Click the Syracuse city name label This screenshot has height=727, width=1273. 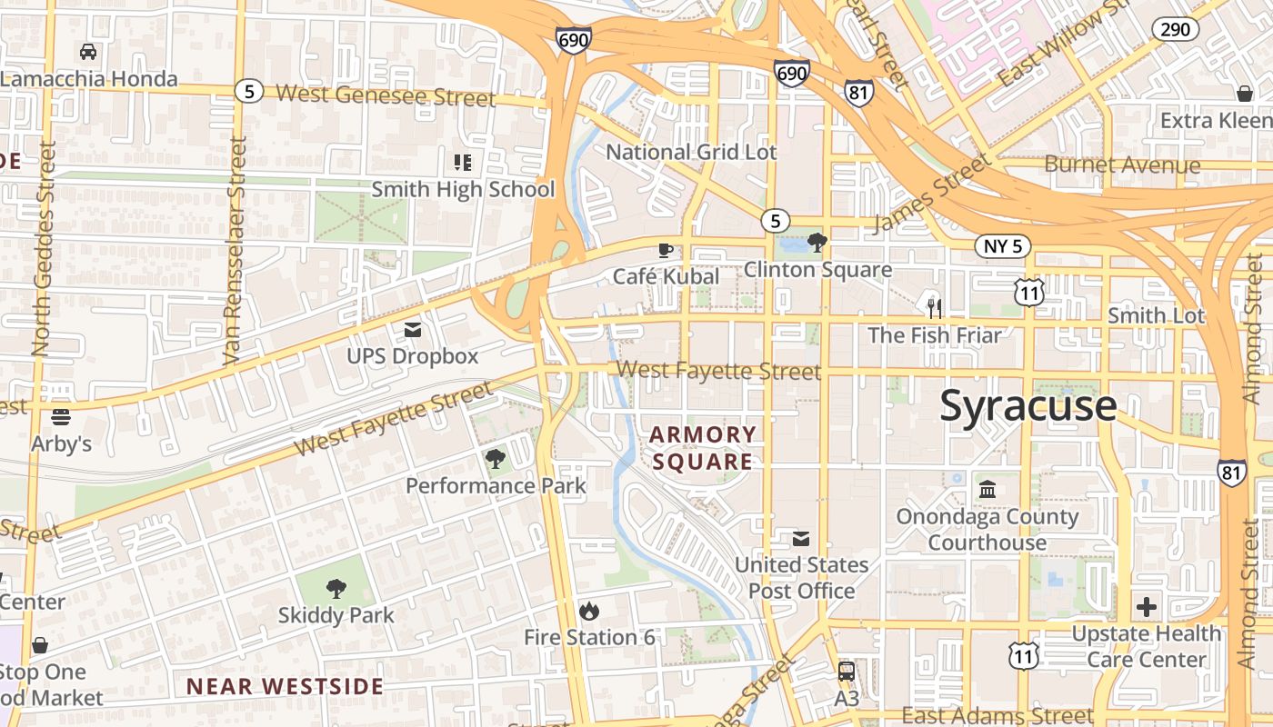click(x=1027, y=405)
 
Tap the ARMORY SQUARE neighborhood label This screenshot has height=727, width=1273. click(x=703, y=448)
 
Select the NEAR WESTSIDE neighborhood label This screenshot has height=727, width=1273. click(x=285, y=686)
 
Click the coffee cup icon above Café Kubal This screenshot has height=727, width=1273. click(x=666, y=250)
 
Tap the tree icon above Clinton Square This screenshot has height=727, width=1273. click(x=817, y=242)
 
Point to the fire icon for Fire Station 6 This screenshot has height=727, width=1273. click(x=589, y=611)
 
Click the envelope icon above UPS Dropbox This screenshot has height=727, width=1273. click(x=413, y=329)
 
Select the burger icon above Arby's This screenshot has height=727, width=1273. click(x=61, y=417)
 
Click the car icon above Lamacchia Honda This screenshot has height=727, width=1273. click(x=88, y=52)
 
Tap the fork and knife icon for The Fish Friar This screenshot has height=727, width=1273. click(x=934, y=308)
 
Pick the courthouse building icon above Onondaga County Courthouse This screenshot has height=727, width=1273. click(x=987, y=491)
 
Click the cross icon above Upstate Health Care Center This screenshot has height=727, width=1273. click(x=1147, y=606)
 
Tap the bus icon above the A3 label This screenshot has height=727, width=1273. click(x=847, y=672)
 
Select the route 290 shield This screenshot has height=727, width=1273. click(x=1175, y=29)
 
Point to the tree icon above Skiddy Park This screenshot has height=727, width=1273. click(x=336, y=589)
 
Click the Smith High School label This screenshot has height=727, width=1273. click(x=463, y=189)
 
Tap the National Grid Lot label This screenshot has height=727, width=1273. click(x=691, y=152)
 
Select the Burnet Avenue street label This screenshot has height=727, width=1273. click(x=1122, y=165)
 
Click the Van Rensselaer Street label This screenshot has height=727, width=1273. click(x=236, y=250)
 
